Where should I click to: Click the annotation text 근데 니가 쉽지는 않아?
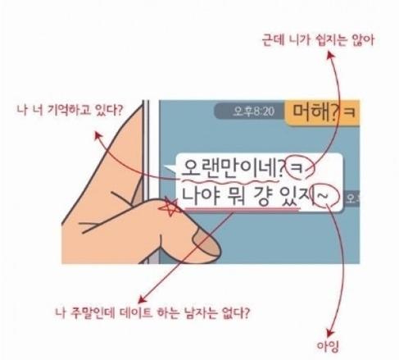click(x=318, y=41)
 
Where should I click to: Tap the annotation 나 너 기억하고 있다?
click(x=70, y=109)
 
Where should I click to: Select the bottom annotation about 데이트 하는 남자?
click(x=152, y=312)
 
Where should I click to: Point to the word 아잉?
click(x=328, y=347)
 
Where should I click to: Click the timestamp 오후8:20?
click(x=254, y=112)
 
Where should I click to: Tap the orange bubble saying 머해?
click(x=322, y=112)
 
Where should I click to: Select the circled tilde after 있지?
click(x=326, y=196)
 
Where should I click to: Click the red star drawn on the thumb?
click(x=170, y=207)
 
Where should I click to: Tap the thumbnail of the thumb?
click(x=206, y=243)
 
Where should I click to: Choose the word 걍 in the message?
click(x=261, y=196)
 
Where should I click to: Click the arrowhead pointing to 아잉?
click(x=329, y=333)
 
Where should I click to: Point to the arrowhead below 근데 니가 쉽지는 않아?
click(x=331, y=55)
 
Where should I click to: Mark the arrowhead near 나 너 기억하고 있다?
click(x=97, y=135)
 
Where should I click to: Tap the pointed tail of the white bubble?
click(x=170, y=168)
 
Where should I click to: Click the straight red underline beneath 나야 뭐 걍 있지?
click(x=243, y=210)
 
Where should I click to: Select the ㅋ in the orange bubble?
click(x=350, y=112)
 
